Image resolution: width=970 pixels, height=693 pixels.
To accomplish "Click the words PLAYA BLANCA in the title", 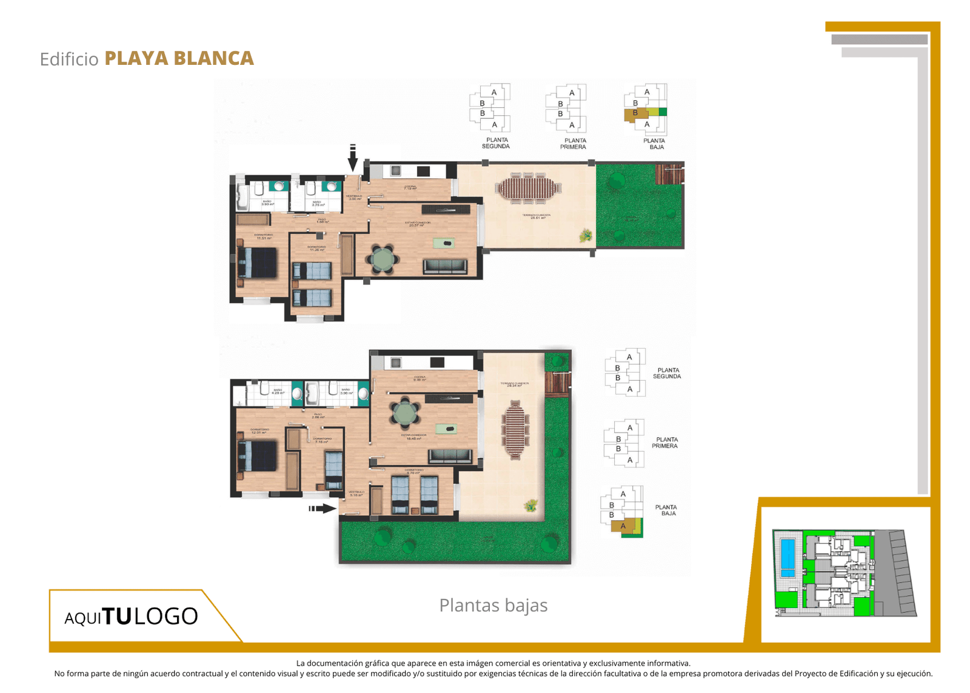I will tap(179, 58).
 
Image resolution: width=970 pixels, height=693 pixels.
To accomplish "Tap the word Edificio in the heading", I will tap(69, 59).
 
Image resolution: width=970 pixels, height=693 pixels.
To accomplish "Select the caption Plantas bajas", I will tap(493, 605).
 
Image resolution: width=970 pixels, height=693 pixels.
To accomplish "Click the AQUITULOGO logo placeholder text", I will tap(131, 617).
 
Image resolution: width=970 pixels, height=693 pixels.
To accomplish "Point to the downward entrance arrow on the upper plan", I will tap(353, 158).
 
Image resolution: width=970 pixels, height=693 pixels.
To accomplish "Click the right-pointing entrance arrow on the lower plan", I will tap(323, 508).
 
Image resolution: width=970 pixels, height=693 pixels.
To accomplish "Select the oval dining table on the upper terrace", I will tap(526, 188).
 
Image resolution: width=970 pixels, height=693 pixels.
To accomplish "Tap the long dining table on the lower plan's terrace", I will tap(515, 428).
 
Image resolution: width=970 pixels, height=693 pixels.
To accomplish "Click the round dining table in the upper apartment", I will tap(383, 259).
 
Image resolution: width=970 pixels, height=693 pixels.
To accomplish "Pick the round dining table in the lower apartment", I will tap(404, 413).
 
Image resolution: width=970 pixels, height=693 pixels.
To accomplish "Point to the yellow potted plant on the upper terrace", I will tap(586, 235).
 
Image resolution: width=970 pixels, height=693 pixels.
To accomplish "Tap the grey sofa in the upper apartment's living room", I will tap(445, 266).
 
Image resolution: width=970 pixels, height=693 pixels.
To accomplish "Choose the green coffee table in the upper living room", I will tap(445, 243).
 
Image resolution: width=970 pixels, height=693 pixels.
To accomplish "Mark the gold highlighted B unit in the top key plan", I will tap(635, 113).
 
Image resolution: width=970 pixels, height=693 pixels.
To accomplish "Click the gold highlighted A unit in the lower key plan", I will tap(623, 526).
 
